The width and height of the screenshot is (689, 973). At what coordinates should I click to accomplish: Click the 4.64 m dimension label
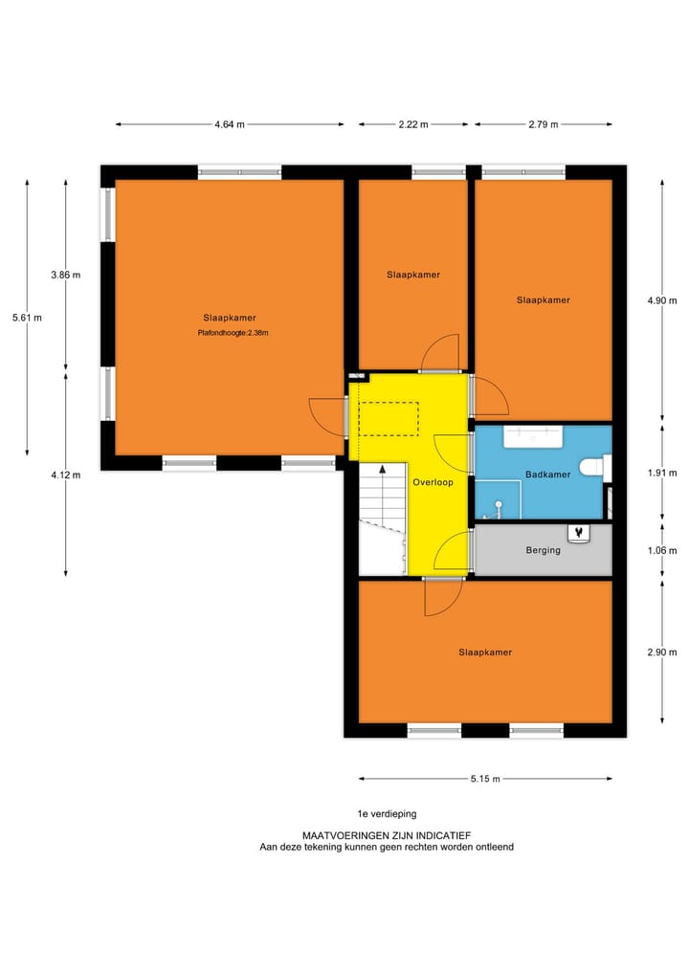click(229, 124)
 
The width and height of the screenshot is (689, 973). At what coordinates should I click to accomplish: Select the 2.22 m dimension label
click(413, 124)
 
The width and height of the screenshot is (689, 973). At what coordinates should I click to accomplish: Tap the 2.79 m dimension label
click(543, 124)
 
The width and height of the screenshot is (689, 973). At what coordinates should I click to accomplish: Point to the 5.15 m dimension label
click(485, 779)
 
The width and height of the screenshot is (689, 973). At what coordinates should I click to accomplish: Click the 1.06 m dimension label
click(662, 550)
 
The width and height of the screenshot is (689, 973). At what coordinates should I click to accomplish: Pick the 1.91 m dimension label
click(662, 472)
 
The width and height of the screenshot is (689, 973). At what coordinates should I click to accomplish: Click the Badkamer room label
click(548, 475)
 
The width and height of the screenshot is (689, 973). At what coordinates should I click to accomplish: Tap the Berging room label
click(543, 550)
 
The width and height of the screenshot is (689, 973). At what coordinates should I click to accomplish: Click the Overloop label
click(433, 483)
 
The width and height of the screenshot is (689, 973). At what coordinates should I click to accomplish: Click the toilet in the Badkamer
click(599, 468)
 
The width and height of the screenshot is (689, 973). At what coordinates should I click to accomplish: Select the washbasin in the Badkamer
click(533, 436)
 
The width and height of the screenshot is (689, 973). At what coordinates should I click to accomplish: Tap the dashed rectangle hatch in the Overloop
click(389, 419)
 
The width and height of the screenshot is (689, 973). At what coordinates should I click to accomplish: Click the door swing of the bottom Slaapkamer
click(441, 598)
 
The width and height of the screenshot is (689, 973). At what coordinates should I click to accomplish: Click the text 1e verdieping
click(387, 814)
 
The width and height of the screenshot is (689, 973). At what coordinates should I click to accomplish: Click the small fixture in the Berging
click(577, 532)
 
